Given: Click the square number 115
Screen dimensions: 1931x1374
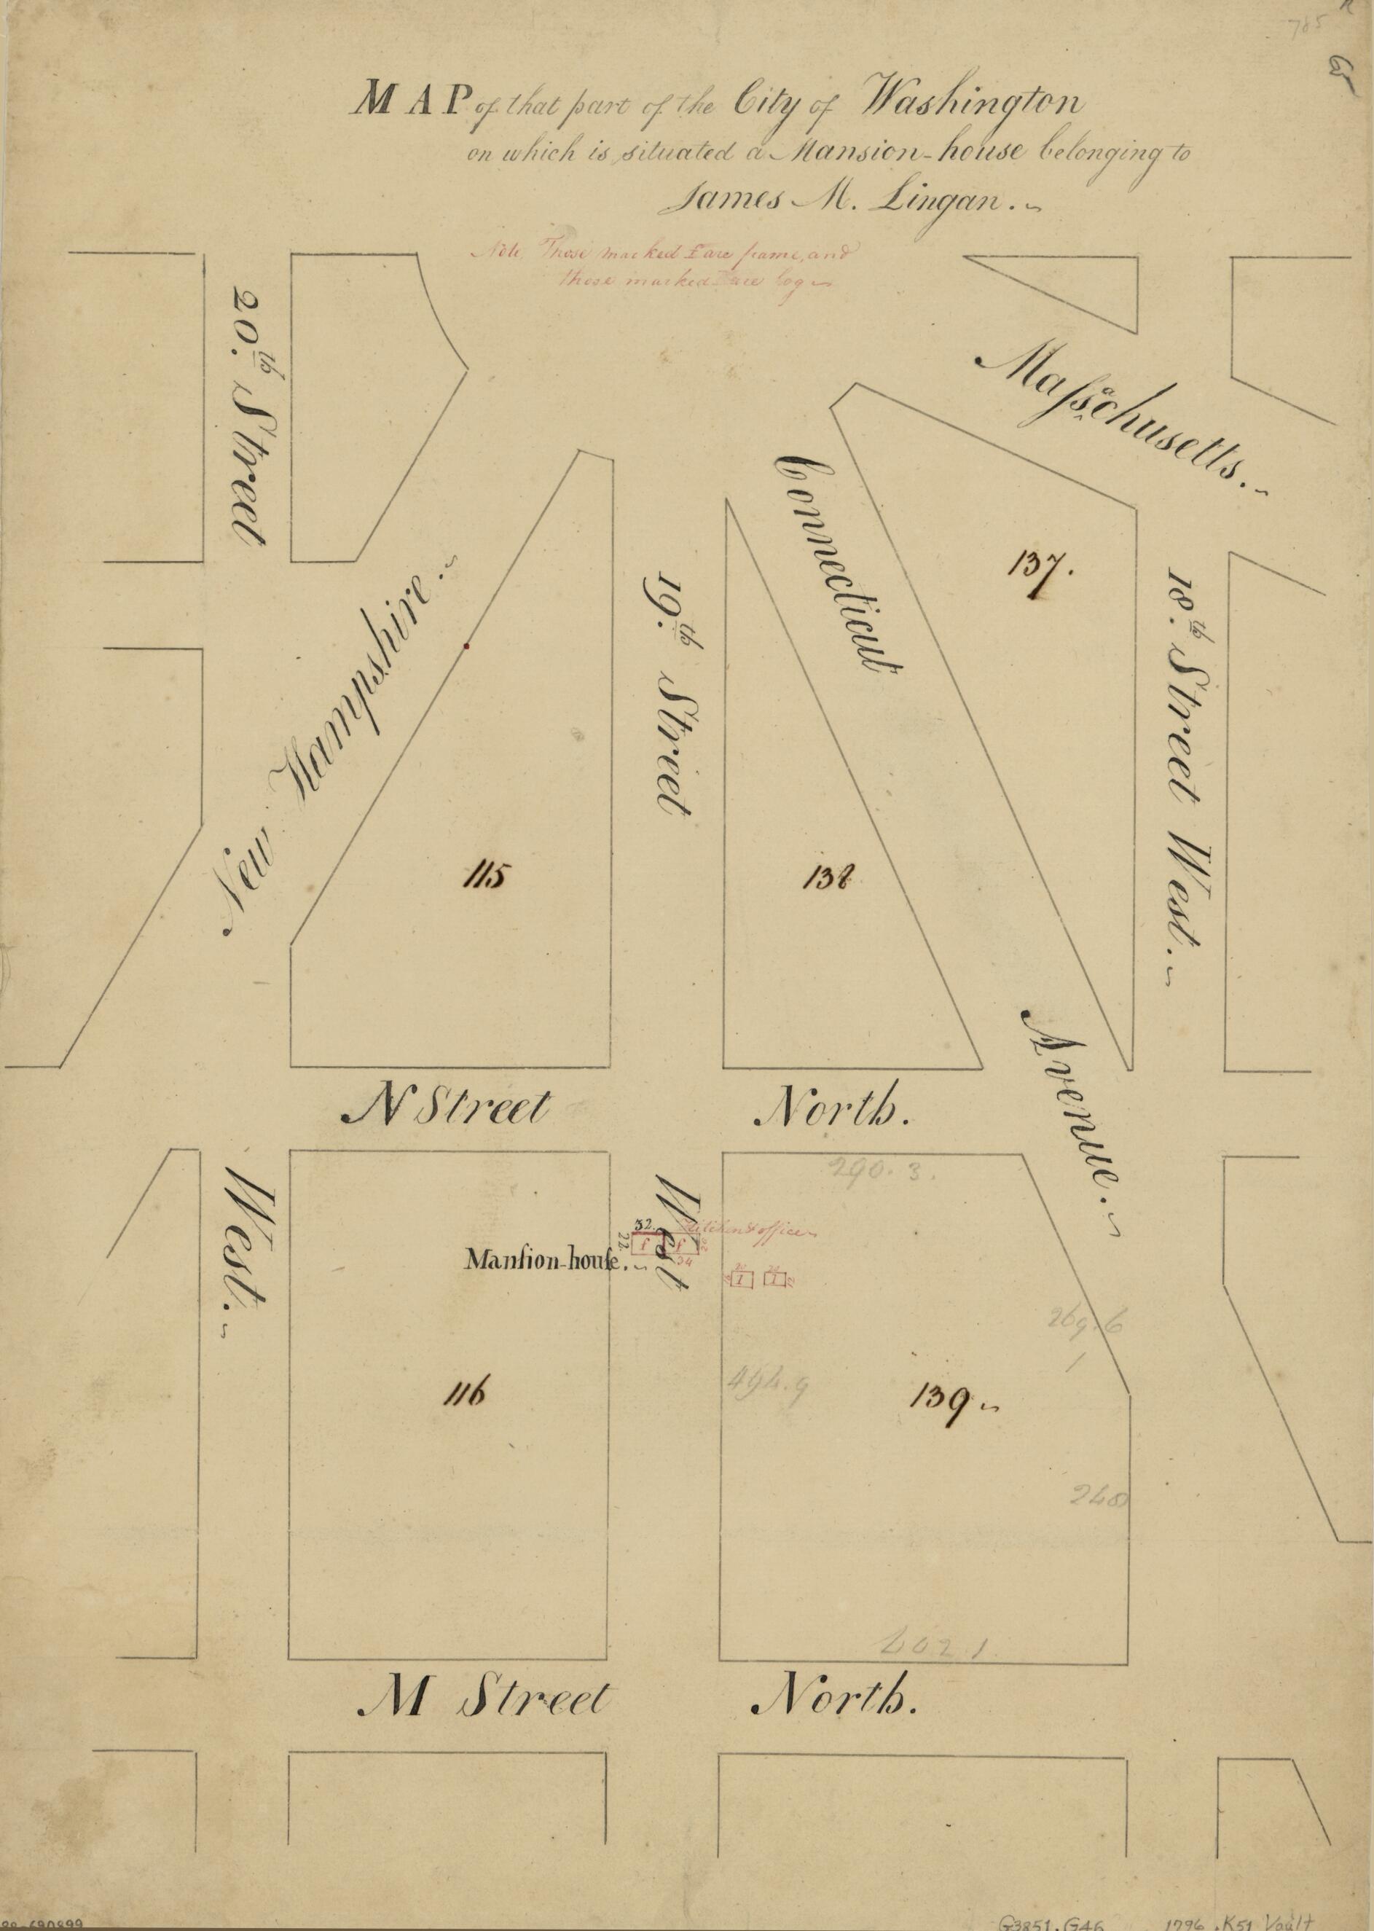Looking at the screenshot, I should pos(484,877).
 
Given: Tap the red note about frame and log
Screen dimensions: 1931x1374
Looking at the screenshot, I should pos(664,267).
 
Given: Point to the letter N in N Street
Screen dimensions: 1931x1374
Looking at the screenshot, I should pos(366,1109).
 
